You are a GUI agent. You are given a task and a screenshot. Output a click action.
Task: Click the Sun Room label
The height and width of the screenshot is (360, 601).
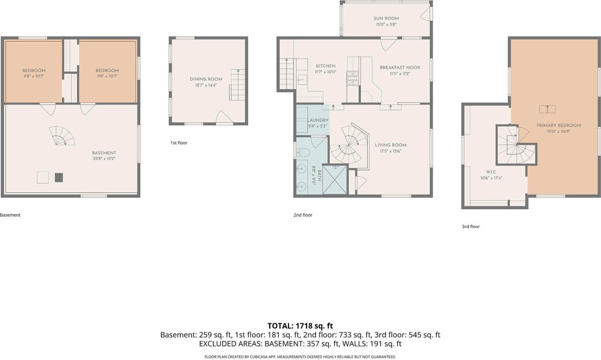point(386,18)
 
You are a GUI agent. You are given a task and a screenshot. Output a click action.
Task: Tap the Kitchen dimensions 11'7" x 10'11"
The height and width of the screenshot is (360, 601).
point(326,72)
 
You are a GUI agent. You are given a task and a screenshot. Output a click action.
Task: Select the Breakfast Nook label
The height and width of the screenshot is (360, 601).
point(400,68)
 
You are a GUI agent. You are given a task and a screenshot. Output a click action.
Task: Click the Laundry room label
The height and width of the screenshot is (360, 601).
point(318,121)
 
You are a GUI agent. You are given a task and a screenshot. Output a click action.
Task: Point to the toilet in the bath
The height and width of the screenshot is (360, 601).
point(303,152)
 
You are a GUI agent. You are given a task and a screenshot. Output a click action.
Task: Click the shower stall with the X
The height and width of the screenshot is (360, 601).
point(335,179)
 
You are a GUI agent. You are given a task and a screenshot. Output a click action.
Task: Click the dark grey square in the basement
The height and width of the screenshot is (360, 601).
point(59,178)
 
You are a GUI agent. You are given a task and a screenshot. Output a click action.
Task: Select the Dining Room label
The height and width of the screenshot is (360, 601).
point(206,79)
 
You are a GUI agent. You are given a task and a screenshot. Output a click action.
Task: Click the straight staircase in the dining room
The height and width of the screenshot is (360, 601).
point(237,85)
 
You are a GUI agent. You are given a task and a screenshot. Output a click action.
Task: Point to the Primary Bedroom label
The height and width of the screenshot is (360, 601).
point(558,125)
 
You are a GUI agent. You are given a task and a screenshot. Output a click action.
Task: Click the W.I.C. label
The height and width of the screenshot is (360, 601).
point(488,172)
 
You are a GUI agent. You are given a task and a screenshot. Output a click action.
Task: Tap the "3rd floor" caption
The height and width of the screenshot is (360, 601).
point(471,227)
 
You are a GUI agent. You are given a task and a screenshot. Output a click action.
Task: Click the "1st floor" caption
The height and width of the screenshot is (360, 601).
point(179,143)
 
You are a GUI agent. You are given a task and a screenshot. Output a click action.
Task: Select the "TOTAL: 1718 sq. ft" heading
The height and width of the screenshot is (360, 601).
point(300,326)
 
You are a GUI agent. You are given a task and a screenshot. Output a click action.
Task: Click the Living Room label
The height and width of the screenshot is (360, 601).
point(390,145)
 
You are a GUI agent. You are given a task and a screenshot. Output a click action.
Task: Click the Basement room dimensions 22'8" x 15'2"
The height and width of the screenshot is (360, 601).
point(104,159)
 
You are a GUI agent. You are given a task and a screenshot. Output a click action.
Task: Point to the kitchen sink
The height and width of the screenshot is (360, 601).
point(302,79)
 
